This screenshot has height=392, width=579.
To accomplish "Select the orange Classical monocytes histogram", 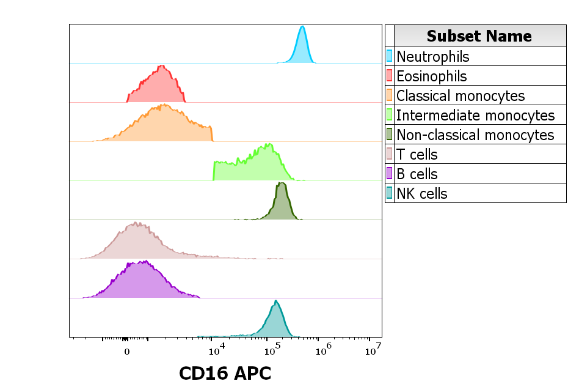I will pyautogui.click(x=162, y=125).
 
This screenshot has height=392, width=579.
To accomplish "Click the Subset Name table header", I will pyautogui.click(x=479, y=35).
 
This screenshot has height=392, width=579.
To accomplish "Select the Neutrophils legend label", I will pyautogui.click(x=433, y=57).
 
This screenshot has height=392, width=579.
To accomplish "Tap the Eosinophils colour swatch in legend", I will pyautogui.click(x=389, y=76).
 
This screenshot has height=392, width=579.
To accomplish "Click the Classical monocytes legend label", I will pyautogui.click(x=461, y=96).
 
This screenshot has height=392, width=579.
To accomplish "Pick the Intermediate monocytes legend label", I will pyautogui.click(x=475, y=116).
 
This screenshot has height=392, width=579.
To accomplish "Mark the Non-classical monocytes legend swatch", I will pyautogui.click(x=389, y=135).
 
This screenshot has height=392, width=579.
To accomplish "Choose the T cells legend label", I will pyautogui.click(x=417, y=155).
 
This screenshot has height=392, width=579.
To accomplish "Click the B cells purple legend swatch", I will pyautogui.click(x=389, y=174).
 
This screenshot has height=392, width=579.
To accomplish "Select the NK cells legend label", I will pyautogui.click(x=421, y=194).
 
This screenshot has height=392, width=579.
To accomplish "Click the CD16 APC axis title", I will pyautogui.click(x=225, y=372).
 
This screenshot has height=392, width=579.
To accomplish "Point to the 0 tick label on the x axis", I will pyautogui.click(x=126, y=352).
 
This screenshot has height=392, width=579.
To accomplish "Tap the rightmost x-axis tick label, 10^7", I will pyautogui.click(x=373, y=350).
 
